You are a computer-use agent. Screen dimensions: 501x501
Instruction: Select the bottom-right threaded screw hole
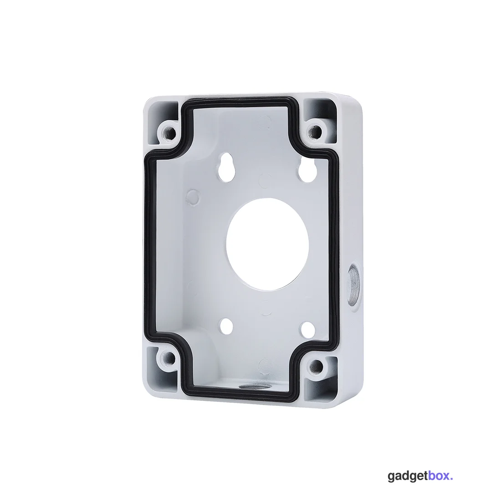click(x=316, y=366)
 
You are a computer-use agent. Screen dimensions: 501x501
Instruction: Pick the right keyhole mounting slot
click(x=306, y=169)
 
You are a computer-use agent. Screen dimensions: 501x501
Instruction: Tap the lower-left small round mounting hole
click(x=227, y=324)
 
